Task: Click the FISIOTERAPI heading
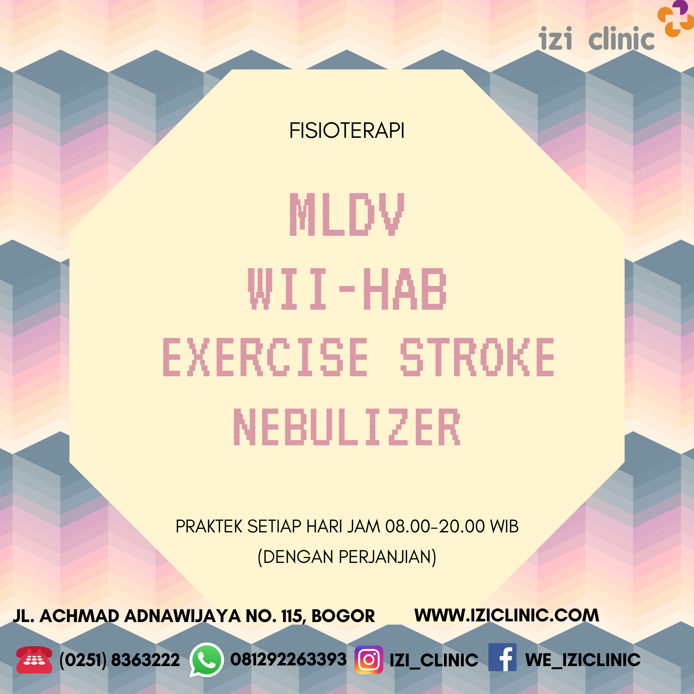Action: point(347,130)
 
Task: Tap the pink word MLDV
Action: point(347,214)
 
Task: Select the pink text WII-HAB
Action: point(347,289)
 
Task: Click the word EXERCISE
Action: point(265,357)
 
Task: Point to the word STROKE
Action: point(477,357)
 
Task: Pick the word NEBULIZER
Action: point(347,427)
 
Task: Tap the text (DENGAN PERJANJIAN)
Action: point(347,557)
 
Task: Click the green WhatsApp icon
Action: point(207,660)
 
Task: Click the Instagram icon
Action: point(369,660)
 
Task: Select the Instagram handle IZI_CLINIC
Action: point(434,660)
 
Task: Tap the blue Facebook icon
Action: point(502,657)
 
